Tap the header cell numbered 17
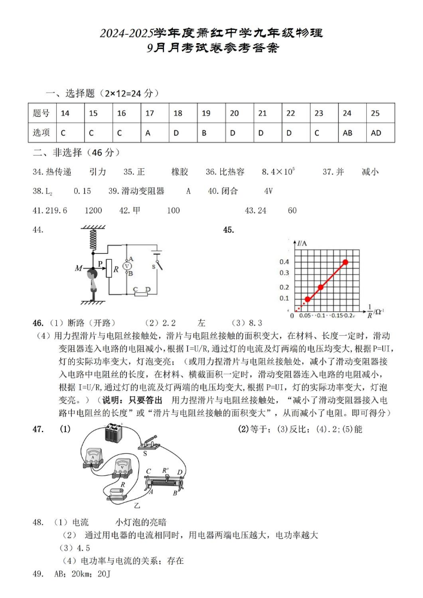pyautogui.click(x=150, y=113)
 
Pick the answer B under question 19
pyautogui.click(x=205, y=133)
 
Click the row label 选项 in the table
pyautogui.click(x=41, y=133)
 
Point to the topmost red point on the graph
pyautogui.click(x=346, y=262)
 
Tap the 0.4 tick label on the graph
pyautogui.click(x=284, y=262)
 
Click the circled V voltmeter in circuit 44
pyautogui.click(x=127, y=265)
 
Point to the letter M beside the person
pyautogui.click(x=78, y=268)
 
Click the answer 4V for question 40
pyautogui.click(x=268, y=192)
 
